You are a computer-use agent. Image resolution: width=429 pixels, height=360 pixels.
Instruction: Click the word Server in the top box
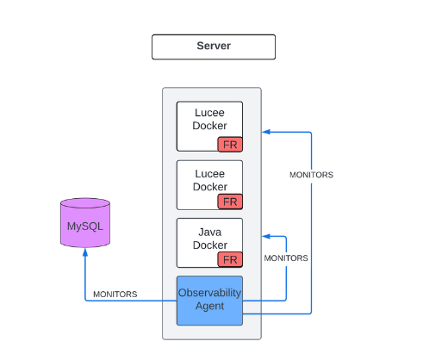[214, 46]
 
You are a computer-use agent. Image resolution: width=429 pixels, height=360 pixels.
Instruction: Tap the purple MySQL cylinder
[85, 222]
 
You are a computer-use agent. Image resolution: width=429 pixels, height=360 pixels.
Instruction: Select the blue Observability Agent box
[209, 301]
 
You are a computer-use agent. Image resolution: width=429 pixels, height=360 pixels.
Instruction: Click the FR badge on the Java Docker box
[230, 259]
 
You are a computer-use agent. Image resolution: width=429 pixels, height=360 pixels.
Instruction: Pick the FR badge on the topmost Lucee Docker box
[230, 145]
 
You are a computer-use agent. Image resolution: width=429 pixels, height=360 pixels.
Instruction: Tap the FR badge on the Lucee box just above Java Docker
[230, 202]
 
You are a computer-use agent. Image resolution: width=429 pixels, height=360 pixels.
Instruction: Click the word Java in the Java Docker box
[210, 232]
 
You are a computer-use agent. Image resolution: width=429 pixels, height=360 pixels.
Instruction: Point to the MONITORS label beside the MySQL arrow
[115, 295]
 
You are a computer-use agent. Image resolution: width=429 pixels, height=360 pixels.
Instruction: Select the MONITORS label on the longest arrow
[311, 175]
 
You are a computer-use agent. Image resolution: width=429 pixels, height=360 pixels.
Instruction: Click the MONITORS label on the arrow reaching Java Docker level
[286, 258]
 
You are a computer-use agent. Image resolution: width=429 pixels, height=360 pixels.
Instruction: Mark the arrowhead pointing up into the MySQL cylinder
[85, 251]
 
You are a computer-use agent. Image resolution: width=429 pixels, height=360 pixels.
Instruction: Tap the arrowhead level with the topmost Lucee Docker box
[266, 132]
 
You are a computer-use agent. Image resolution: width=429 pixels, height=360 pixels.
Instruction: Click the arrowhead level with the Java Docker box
[266, 236]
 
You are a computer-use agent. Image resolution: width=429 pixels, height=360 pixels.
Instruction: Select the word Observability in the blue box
[209, 293]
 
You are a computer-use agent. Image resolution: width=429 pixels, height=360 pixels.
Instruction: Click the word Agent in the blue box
[209, 307]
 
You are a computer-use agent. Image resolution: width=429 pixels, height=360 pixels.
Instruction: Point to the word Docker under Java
[210, 245]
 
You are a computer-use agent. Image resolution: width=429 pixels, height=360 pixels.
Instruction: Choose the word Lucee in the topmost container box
[209, 113]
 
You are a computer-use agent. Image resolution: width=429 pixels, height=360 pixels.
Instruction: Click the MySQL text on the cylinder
[85, 227]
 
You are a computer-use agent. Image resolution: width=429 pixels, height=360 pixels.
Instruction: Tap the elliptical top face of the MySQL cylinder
[85, 203]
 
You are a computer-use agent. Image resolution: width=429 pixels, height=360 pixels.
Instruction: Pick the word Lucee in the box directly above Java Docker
[210, 174]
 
